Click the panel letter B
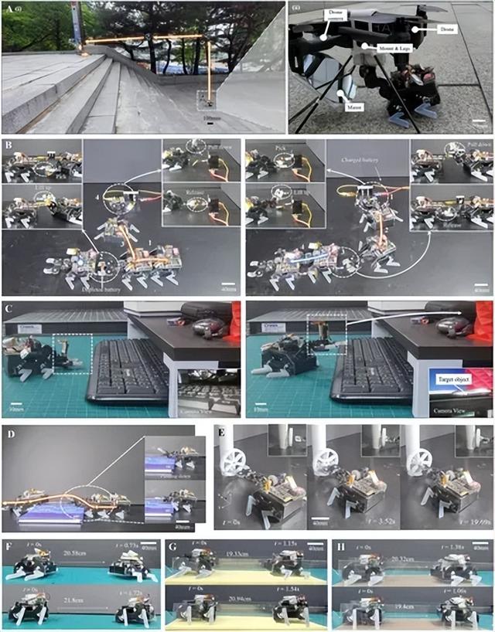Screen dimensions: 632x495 7,144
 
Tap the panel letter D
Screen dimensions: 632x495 7,430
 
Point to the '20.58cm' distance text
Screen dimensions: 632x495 80,553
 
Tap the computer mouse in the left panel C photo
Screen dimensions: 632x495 207,328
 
